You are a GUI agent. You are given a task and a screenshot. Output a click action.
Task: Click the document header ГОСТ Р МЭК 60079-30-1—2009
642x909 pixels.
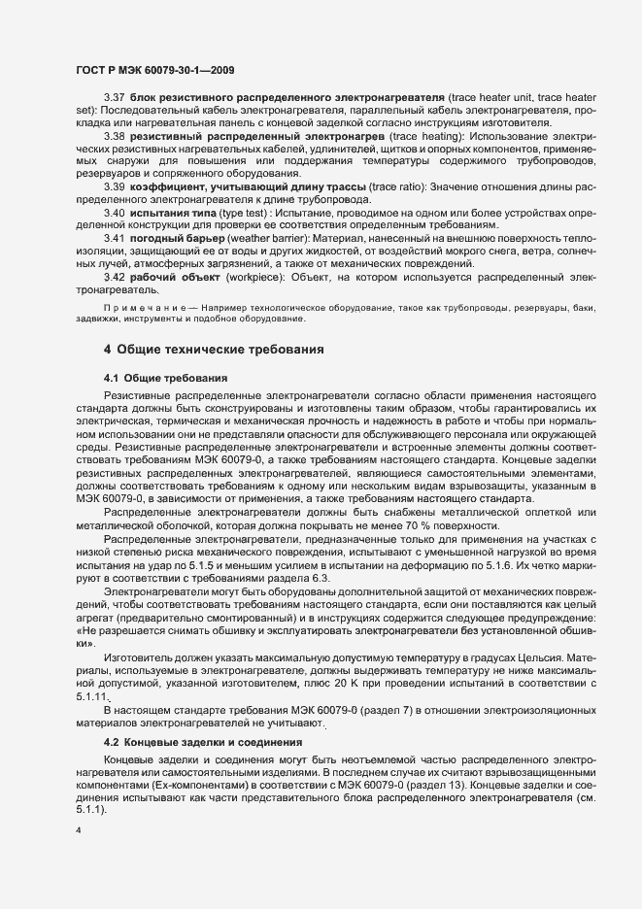point(154,69)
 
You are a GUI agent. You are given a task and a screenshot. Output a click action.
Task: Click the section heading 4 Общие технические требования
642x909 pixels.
point(213,348)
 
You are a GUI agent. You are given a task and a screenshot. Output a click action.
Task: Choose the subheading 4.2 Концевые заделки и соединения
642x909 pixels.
point(202,742)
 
